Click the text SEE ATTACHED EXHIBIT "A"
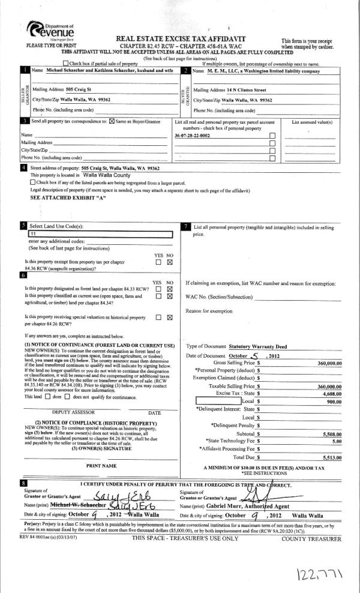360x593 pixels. pos(61,197)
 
